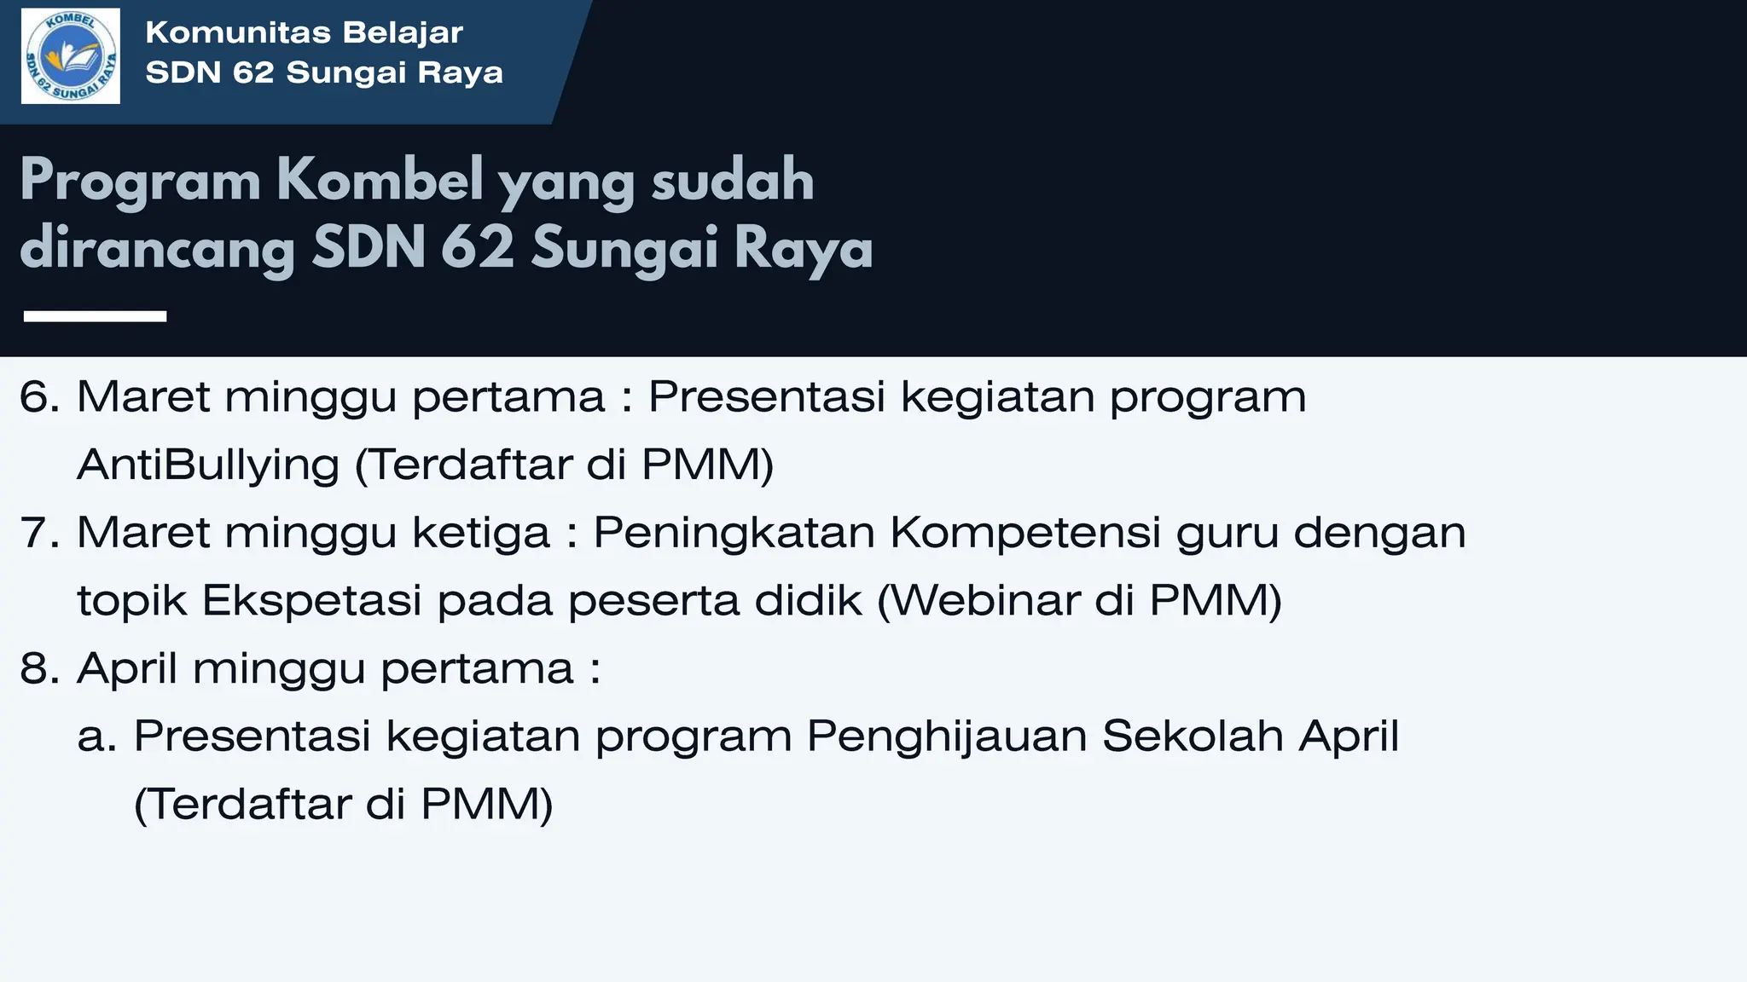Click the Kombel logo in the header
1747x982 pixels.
coord(71,56)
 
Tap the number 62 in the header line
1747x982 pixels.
coord(253,73)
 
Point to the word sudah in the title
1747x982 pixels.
coord(732,181)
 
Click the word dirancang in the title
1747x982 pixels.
coord(157,249)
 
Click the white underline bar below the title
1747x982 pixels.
coord(95,316)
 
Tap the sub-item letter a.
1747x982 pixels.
coord(96,736)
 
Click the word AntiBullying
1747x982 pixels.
coord(208,465)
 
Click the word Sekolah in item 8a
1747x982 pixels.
coord(1193,736)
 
